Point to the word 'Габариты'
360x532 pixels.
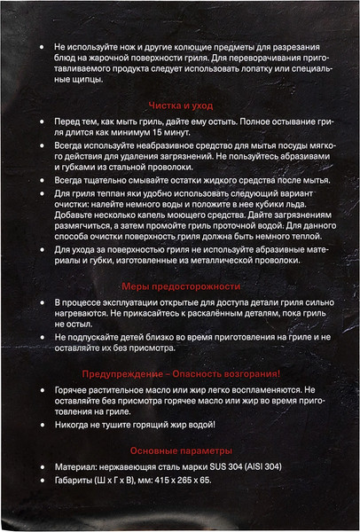74,481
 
